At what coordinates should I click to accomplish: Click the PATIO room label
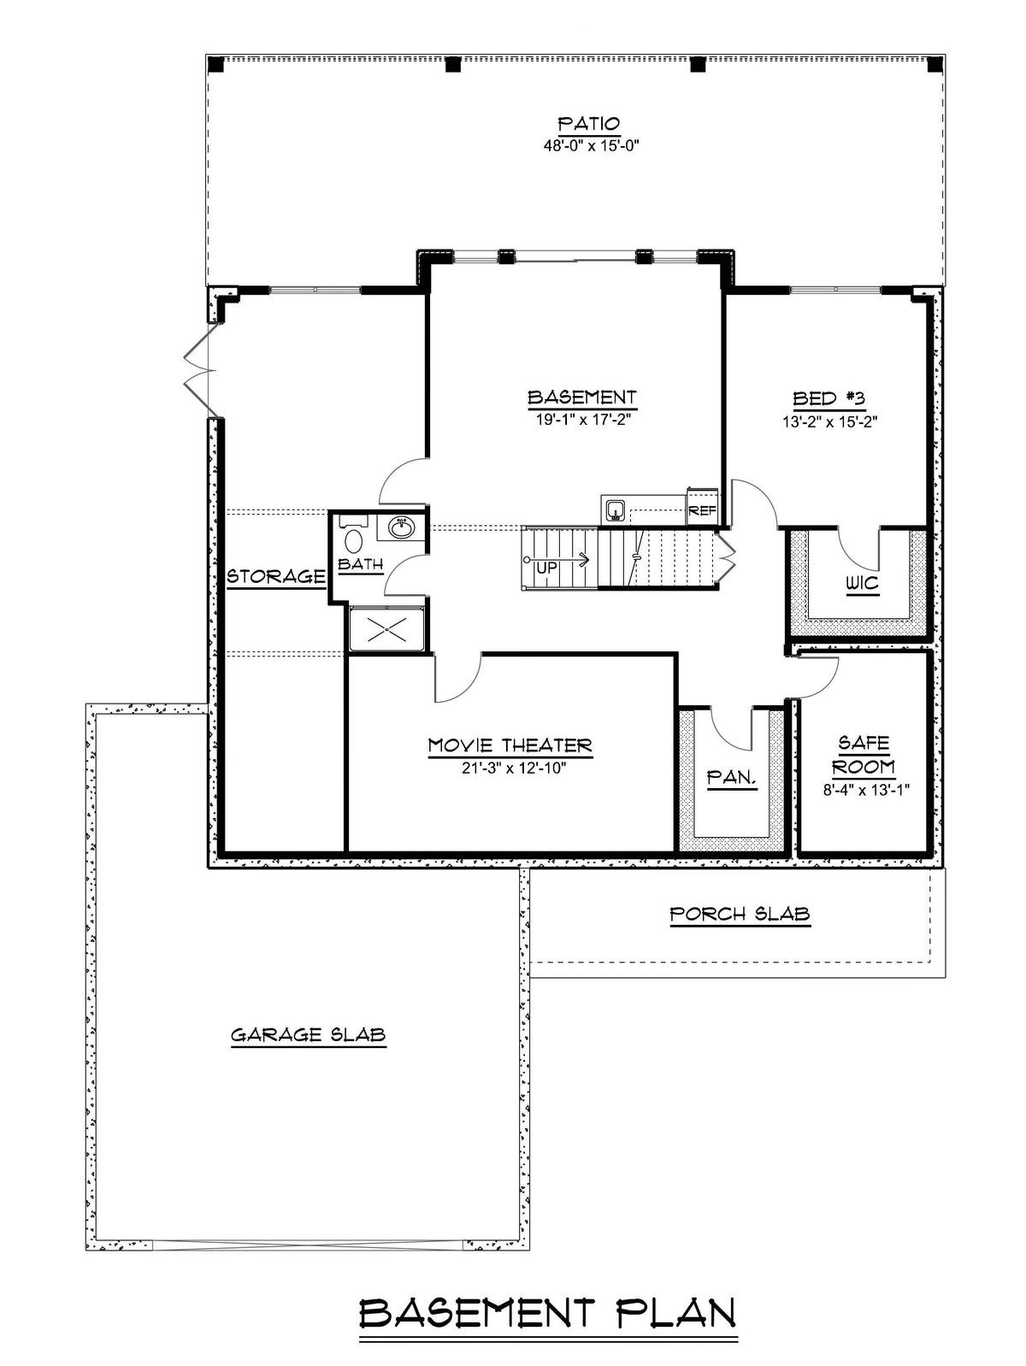(588, 123)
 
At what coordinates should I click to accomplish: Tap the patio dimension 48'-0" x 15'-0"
(589, 146)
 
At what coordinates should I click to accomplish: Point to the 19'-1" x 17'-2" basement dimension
(580, 420)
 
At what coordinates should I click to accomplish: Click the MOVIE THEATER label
(510, 745)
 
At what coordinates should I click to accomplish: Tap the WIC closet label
(863, 584)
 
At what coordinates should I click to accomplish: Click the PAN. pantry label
(731, 777)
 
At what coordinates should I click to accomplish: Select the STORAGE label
(275, 576)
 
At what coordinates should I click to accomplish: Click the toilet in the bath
(353, 537)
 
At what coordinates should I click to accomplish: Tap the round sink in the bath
(401, 528)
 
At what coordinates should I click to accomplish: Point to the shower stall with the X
(387, 629)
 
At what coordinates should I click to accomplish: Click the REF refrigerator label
(702, 511)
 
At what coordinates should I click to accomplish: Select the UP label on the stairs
(546, 568)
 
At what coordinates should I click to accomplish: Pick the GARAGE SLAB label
(309, 1035)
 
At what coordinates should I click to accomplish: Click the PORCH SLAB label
(740, 914)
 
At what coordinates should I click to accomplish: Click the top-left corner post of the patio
(215, 64)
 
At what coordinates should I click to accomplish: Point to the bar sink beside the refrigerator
(616, 509)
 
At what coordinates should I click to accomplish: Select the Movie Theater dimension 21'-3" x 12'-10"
(513, 768)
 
